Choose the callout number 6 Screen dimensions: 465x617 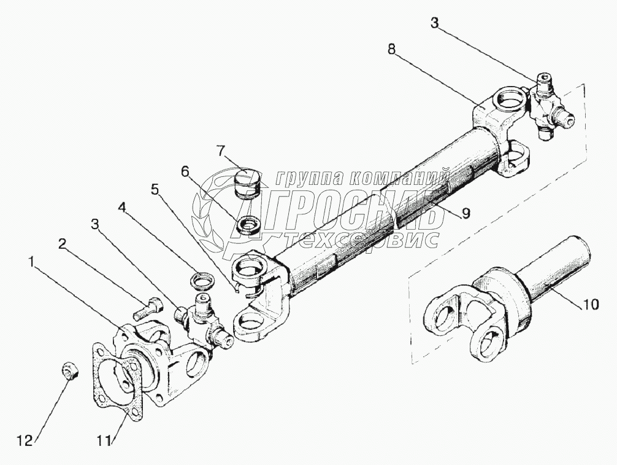184,171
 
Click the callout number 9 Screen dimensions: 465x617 466,213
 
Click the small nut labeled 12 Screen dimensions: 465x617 69,372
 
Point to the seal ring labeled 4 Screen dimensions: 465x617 202,281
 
